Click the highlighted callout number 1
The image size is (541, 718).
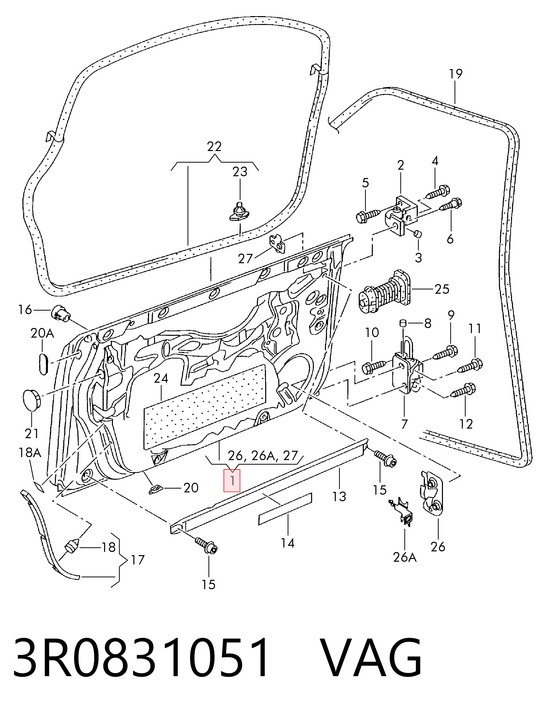coord(232,481)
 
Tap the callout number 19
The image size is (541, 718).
coord(456,74)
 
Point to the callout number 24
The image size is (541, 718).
coord(161,378)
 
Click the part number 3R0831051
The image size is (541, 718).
coord(141,661)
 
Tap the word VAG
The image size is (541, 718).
coord(373,661)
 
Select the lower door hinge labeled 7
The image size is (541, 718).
coord(408,371)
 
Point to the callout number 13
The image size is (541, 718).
coord(339,496)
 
